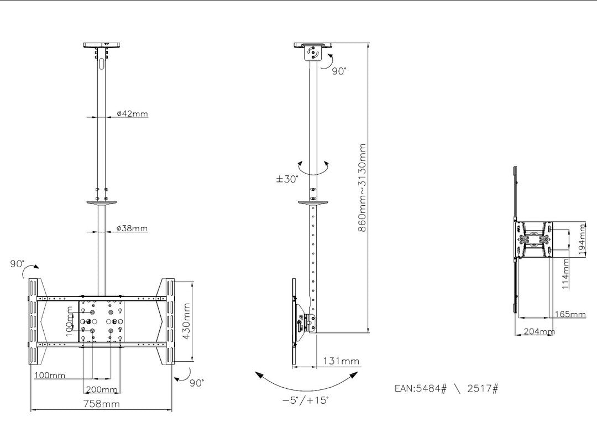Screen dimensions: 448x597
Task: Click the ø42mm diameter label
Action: pyautogui.click(x=132, y=113)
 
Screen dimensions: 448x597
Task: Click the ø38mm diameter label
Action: pyautogui.click(x=132, y=228)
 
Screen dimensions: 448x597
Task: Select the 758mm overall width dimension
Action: pyautogui.click(x=101, y=404)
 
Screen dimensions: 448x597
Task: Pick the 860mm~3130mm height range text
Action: pyautogui.click(x=362, y=188)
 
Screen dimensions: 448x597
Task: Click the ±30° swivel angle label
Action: pyautogui.click(x=287, y=179)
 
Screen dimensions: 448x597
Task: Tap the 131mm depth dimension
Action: pyautogui.click(x=341, y=361)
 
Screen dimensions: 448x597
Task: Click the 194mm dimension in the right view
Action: pyautogui.click(x=582, y=238)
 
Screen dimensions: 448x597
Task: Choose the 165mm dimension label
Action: pyautogui.click(x=569, y=314)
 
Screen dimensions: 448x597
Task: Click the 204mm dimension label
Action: pyautogui.click(x=539, y=331)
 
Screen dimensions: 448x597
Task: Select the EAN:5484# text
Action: pyautogui.click(x=420, y=388)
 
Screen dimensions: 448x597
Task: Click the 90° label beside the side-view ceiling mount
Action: pyautogui.click(x=339, y=71)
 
